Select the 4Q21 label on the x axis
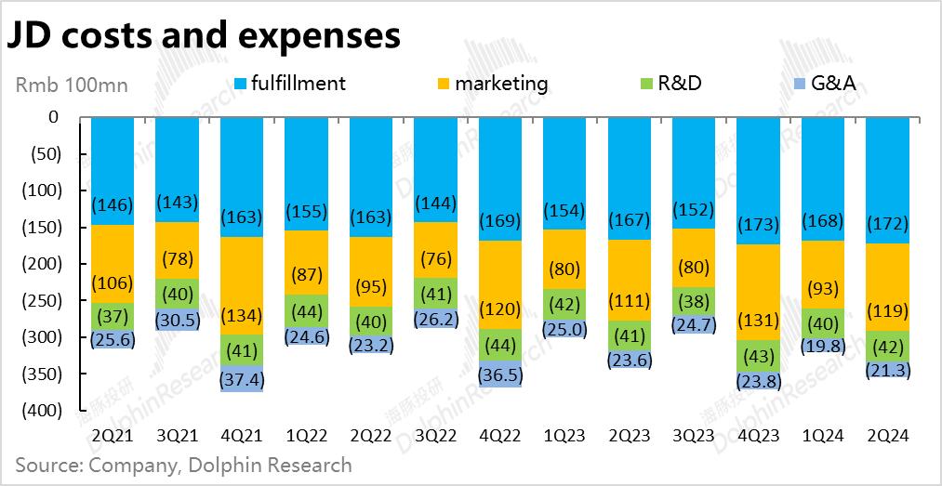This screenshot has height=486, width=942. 242,434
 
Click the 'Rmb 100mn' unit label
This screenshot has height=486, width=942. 72,85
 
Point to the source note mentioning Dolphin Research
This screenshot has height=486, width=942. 184,464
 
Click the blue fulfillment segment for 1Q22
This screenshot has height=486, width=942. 306,177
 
